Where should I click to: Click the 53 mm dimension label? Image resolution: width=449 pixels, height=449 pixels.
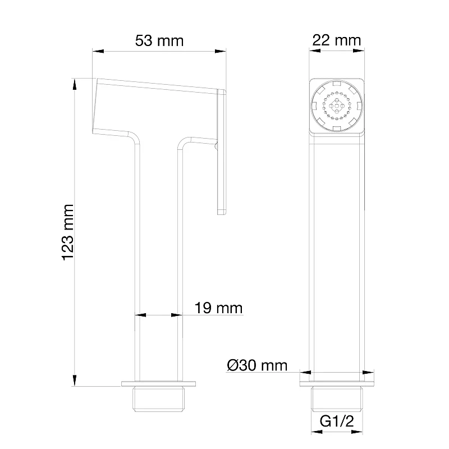(159, 40)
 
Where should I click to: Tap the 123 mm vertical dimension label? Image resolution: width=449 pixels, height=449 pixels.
(68, 232)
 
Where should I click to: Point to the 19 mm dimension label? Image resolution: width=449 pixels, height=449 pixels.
(218, 308)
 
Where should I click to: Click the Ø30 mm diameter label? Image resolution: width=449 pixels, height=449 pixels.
(257, 365)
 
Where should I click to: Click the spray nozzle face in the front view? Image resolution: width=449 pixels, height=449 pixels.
(337, 106)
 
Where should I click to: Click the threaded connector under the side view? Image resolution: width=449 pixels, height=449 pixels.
(158, 399)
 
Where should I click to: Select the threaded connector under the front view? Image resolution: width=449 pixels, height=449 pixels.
(337, 399)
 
